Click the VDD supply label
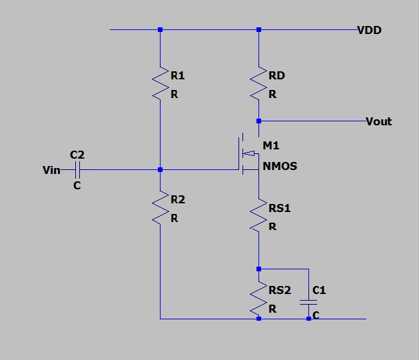369,30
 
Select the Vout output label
378,121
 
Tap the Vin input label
51,170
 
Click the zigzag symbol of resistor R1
161,83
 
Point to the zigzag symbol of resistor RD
258,83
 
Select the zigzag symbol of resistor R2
161,207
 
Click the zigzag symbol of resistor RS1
258,215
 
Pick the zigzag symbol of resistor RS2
258,298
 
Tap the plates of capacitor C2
77,170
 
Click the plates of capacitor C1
308,302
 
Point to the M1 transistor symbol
248,153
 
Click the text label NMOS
280,167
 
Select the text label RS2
280,290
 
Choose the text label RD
276,76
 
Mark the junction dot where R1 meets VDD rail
161,30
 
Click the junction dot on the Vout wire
258,121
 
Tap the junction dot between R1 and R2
161,169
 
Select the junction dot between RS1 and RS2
258,269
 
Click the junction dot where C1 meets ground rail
308,319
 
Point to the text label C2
77,155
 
